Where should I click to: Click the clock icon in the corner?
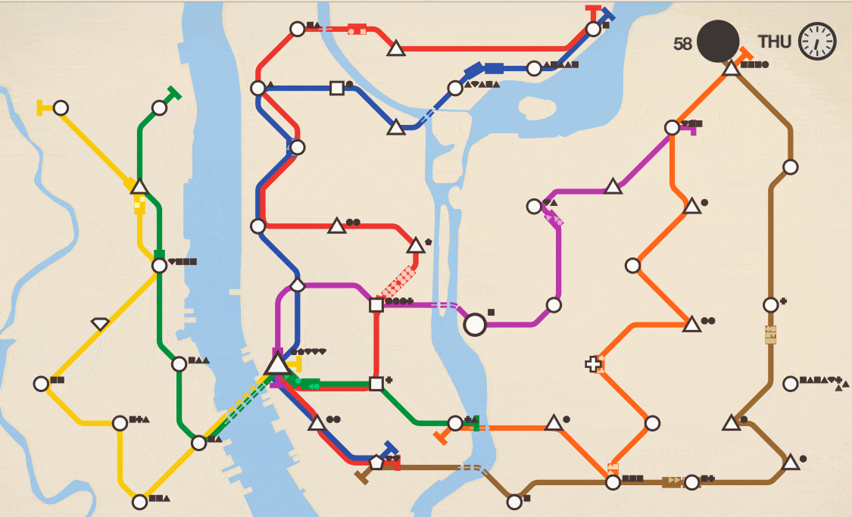pyautogui.click(x=817, y=41)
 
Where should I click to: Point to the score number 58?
pyautogui.click(x=682, y=44)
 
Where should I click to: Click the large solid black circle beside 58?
pyautogui.click(x=718, y=42)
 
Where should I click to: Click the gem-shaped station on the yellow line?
pyautogui.click(x=100, y=324)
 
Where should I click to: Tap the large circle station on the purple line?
pyautogui.click(x=475, y=324)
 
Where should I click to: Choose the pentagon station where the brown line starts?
pyautogui.click(x=376, y=461)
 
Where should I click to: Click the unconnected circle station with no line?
pyautogui.click(x=791, y=384)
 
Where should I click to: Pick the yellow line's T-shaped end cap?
pyautogui.click(x=41, y=107)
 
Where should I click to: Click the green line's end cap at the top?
pyautogui.click(x=173, y=94)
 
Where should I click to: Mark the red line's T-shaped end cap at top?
pyautogui.click(x=593, y=11)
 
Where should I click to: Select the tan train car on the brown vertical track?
pyautogui.click(x=771, y=334)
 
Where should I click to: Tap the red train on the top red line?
pyautogui.click(x=357, y=30)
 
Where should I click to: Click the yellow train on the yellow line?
pyautogui.click(x=139, y=204)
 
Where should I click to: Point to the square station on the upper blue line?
pyautogui.click(x=337, y=89)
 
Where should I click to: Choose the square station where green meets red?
pyautogui.click(x=376, y=384)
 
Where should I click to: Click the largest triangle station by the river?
pyautogui.click(x=277, y=364)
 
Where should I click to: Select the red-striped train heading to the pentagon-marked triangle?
pyautogui.click(x=399, y=282)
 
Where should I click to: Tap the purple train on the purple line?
pyautogui.click(x=554, y=218)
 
